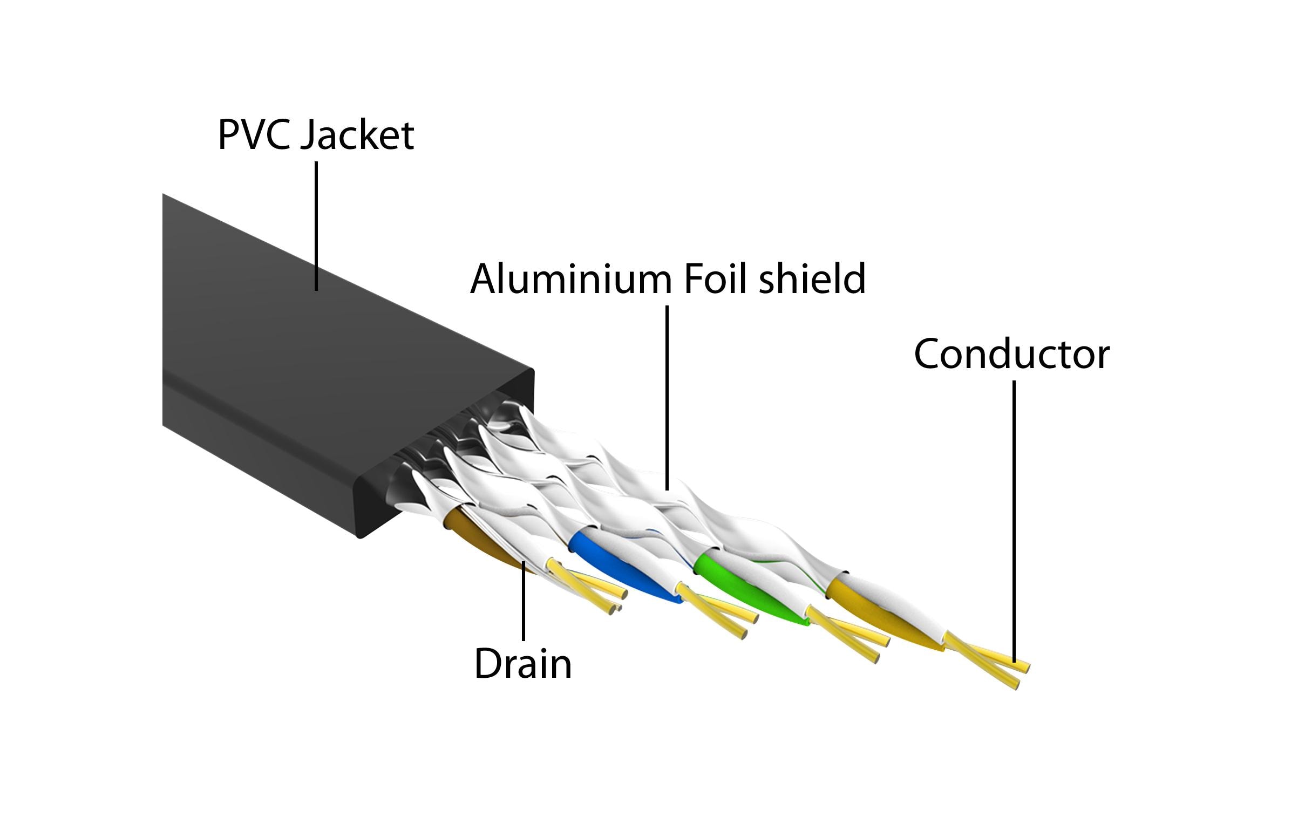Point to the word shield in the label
coord(812,279)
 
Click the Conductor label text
coord(1011,355)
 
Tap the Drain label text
coord(522,664)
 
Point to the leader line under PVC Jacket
coord(316,227)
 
